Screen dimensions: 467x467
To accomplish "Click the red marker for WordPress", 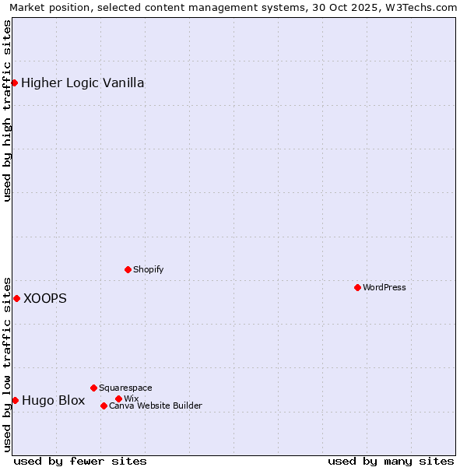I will click(357, 287).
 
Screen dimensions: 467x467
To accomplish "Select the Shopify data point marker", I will click(128, 269).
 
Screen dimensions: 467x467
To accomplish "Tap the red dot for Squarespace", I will click(93, 388).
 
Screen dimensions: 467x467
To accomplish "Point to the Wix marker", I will click(118, 399).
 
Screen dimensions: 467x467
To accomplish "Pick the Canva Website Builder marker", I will click(104, 406).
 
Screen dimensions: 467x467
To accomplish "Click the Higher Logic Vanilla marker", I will click(14, 83).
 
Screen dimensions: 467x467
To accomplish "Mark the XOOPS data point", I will click(16, 298).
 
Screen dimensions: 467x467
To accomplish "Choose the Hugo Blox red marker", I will click(15, 400).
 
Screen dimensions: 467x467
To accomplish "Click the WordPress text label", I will click(384, 287).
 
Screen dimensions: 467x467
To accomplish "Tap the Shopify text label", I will click(149, 269).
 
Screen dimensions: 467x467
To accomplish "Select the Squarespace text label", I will click(125, 388).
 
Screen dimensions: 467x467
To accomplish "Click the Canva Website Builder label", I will click(156, 406).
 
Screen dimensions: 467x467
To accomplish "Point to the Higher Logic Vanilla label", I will click(83, 83).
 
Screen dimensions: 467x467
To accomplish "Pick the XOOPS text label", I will click(45, 298).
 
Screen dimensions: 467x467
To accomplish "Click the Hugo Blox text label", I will click(54, 401).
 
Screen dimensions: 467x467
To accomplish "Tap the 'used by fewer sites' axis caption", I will click(80, 461).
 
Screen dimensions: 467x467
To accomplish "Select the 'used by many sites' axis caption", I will click(391, 461).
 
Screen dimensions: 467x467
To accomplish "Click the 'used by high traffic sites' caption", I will click(7, 111).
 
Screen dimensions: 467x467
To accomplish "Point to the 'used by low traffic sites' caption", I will click(7, 363).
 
